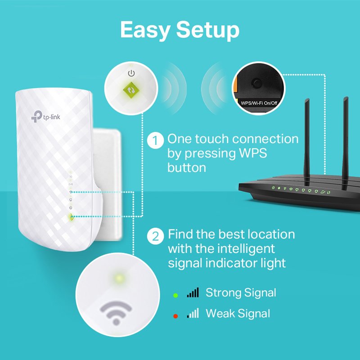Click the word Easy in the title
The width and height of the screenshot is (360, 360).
click(144, 30)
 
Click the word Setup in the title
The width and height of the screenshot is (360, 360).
click(207, 30)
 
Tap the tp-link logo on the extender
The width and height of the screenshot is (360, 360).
click(45, 116)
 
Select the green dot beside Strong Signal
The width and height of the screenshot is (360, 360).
click(176, 295)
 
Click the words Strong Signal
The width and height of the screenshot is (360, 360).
click(241, 293)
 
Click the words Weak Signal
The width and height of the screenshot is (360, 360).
click(238, 313)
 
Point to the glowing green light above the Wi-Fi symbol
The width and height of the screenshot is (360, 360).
click(119, 278)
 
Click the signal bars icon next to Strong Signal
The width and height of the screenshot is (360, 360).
click(193, 293)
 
